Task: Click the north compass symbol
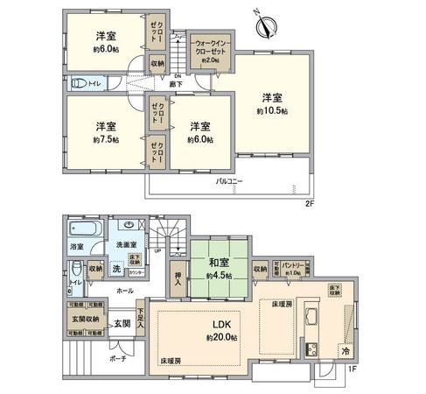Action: coord(264,25)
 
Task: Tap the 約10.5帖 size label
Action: coord(270,112)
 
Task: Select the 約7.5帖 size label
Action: coord(107,139)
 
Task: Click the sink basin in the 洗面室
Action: coord(129,224)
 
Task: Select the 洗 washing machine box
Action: coord(116,269)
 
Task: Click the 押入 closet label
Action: coord(178,275)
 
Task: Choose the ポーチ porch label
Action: coord(118,358)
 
